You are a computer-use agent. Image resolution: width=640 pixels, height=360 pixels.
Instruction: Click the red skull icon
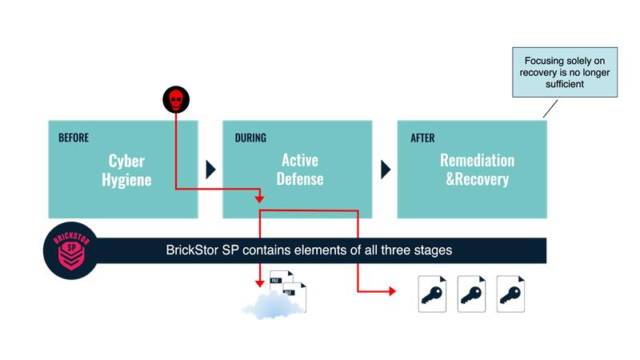(x=176, y=99)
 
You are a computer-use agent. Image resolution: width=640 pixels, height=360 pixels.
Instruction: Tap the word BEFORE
(x=74, y=138)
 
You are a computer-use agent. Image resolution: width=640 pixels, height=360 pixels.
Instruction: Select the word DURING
(x=250, y=138)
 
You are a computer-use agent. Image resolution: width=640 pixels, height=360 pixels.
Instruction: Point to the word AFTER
(x=422, y=138)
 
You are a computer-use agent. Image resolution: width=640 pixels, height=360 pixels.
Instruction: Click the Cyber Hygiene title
(x=126, y=170)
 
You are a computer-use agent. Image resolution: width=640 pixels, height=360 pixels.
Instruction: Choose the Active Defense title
(x=300, y=170)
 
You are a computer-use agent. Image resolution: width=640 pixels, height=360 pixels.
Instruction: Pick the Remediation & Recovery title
(x=477, y=170)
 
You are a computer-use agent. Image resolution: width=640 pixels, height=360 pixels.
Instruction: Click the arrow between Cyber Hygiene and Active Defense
(x=210, y=170)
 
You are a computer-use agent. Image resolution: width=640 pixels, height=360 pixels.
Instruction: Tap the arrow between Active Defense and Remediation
(x=386, y=170)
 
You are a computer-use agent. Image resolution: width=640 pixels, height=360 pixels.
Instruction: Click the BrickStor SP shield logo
(x=71, y=250)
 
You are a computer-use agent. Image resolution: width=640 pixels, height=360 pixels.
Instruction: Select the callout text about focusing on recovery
(x=565, y=72)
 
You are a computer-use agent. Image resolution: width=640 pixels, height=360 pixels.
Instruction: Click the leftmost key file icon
(x=432, y=294)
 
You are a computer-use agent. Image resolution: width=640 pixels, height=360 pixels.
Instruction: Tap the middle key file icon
(x=471, y=294)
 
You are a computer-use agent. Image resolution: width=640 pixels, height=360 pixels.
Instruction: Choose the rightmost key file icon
(x=510, y=294)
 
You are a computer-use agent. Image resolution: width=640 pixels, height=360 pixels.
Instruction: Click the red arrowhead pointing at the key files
(x=393, y=291)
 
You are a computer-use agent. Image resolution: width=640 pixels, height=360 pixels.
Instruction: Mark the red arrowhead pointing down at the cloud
(x=259, y=283)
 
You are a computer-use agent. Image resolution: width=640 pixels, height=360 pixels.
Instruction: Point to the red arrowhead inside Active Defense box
(x=259, y=199)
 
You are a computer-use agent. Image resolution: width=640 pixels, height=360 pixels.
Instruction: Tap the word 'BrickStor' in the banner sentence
(x=192, y=250)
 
